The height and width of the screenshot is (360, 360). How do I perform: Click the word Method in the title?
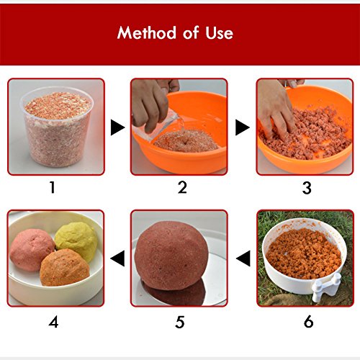coord(147,32)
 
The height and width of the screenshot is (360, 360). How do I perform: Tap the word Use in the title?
coord(219,33)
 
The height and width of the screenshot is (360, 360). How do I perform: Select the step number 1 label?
coord(53,187)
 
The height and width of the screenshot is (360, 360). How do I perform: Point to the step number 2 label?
coord(182,187)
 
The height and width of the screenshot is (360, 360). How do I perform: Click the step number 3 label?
coord(307,188)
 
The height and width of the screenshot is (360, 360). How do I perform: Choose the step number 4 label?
coord(53,322)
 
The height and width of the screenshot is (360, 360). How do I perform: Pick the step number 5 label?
coord(180,322)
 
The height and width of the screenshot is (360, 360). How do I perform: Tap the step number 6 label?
coord(309,322)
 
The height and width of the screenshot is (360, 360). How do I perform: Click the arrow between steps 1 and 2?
coord(118,127)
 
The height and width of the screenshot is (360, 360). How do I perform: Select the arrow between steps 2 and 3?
coord(243,127)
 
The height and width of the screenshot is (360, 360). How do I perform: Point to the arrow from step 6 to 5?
coord(243,258)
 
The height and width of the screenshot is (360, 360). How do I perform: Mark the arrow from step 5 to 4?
coord(117,258)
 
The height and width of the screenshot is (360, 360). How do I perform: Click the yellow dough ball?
coord(77,240)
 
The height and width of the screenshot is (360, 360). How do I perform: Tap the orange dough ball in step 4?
coord(64,268)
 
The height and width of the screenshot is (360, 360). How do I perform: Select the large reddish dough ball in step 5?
coord(171,256)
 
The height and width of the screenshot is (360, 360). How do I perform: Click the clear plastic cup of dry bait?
coord(57,127)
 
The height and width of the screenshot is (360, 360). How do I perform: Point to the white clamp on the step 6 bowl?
coord(326,287)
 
